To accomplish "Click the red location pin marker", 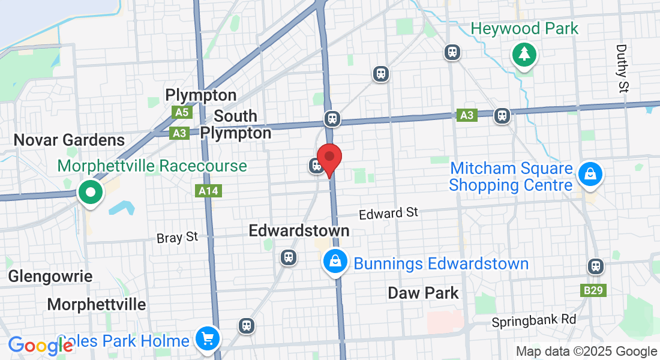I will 329,158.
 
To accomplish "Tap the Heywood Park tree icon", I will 524,55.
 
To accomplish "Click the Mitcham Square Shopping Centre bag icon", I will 590,175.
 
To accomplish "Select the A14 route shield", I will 209,191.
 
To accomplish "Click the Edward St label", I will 388,213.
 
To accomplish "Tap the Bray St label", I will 177,238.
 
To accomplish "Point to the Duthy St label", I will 622,68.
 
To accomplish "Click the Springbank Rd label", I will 533,320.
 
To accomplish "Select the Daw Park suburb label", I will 423,293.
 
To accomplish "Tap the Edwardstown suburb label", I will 299,231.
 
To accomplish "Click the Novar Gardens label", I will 69,140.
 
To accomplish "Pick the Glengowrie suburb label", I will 50,276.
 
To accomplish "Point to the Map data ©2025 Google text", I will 586,352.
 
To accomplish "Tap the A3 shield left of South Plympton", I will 179,133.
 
